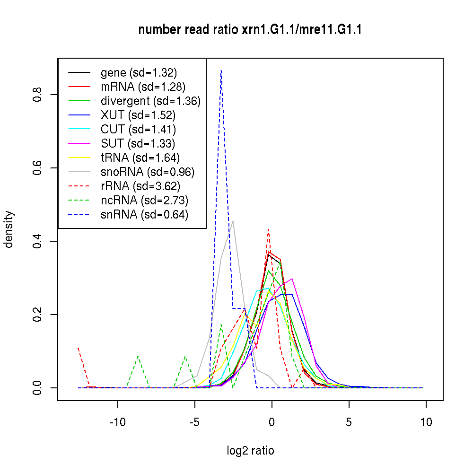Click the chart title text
pos(250,30)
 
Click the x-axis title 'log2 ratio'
pos(250,451)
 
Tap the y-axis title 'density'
pos(9,229)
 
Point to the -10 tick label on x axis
pos(118,422)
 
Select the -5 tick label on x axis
pos(195,422)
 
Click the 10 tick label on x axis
pos(426,422)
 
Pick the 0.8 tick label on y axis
pos(38,95)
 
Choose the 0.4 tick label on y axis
pos(38,241)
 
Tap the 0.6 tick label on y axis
pos(38,168)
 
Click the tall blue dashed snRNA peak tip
pos(221,70)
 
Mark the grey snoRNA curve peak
pos(233,221)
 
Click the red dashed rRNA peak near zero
pos(268,229)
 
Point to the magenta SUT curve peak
pos(293,279)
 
